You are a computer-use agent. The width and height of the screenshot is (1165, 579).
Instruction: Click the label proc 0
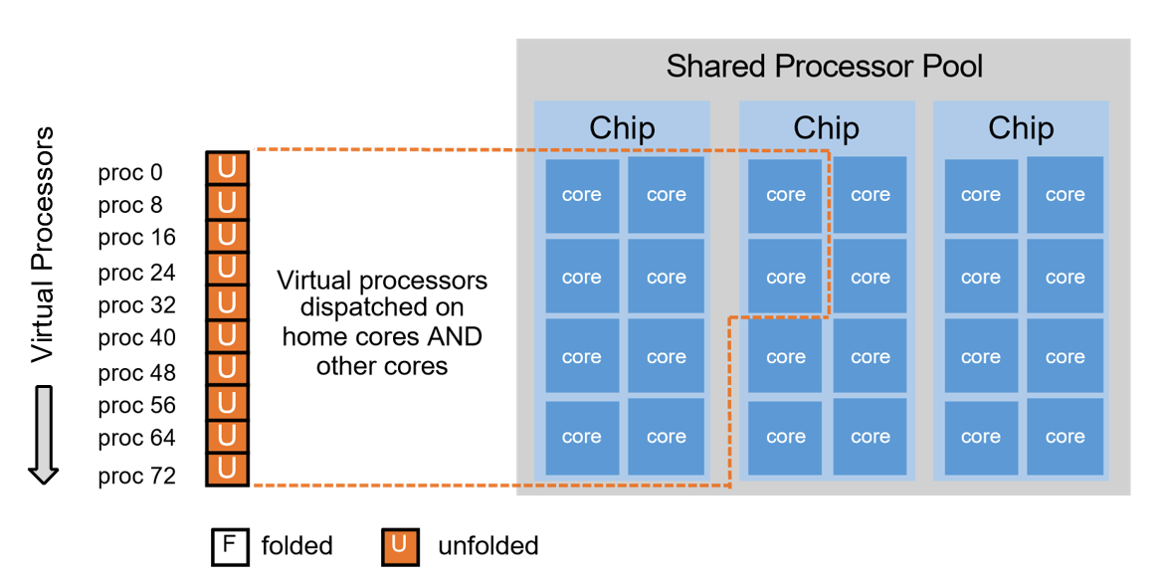point(129,173)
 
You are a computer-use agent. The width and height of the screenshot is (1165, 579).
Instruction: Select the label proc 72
point(136,477)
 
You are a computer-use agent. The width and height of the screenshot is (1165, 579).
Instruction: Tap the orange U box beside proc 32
point(227,301)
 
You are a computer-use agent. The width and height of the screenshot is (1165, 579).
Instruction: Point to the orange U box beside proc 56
point(227,402)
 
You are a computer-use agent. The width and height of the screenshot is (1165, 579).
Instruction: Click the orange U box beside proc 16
point(227,235)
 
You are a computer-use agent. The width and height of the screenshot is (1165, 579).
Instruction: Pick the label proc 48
point(136,373)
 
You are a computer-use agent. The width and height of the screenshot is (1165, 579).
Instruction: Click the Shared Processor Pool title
point(824,67)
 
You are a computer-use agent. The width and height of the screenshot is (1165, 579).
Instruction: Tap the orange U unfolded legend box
point(399,545)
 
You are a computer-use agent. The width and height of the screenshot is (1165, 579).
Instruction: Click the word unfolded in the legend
point(487,545)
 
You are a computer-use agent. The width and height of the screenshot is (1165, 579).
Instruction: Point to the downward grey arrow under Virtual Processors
point(43,434)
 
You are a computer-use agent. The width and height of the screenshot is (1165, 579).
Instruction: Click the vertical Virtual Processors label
point(42,245)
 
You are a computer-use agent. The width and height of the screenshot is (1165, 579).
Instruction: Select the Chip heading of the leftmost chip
point(622,128)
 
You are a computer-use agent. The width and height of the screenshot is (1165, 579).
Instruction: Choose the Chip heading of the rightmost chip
point(1021,128)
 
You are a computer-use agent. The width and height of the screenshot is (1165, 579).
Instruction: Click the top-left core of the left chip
point(581,195)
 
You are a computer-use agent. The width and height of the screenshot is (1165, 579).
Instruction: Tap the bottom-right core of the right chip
point(1065,437)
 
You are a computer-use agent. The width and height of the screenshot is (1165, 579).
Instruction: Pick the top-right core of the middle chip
point(870,195)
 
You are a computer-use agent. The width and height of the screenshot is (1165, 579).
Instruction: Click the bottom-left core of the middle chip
point(785,437)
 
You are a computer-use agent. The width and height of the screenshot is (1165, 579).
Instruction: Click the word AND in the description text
point(459,336)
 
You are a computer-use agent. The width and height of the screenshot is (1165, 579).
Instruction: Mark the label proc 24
point(136,272)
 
